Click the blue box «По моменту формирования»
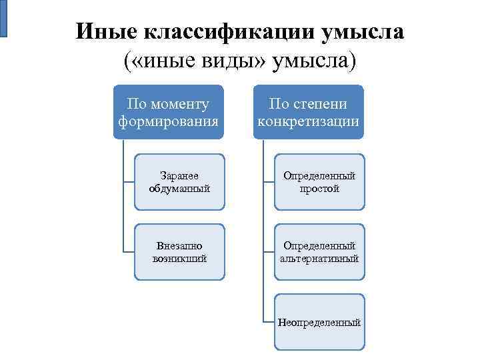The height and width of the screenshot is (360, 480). coord(168,112)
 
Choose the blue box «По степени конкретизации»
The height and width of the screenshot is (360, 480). coord(308,112)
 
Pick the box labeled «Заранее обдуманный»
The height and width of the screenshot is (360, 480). coord(179,182)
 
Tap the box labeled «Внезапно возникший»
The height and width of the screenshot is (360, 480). coord(179,251)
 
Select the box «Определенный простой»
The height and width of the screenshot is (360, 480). coord(319,182)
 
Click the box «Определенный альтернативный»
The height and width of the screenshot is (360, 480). coord(319,251)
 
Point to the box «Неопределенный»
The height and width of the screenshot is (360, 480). coord(319,322)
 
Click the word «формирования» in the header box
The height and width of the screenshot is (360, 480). coord(168,122)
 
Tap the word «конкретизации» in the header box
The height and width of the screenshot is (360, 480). coord(308,122)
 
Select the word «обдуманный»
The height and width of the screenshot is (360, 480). coord(179,189)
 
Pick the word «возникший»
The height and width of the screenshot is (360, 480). coord(179,258)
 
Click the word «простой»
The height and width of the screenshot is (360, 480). coord(319,189)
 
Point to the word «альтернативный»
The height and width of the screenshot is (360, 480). coord(319,258)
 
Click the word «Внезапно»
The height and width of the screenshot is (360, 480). coord(179,245)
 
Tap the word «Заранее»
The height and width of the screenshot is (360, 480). coord(179,176)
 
